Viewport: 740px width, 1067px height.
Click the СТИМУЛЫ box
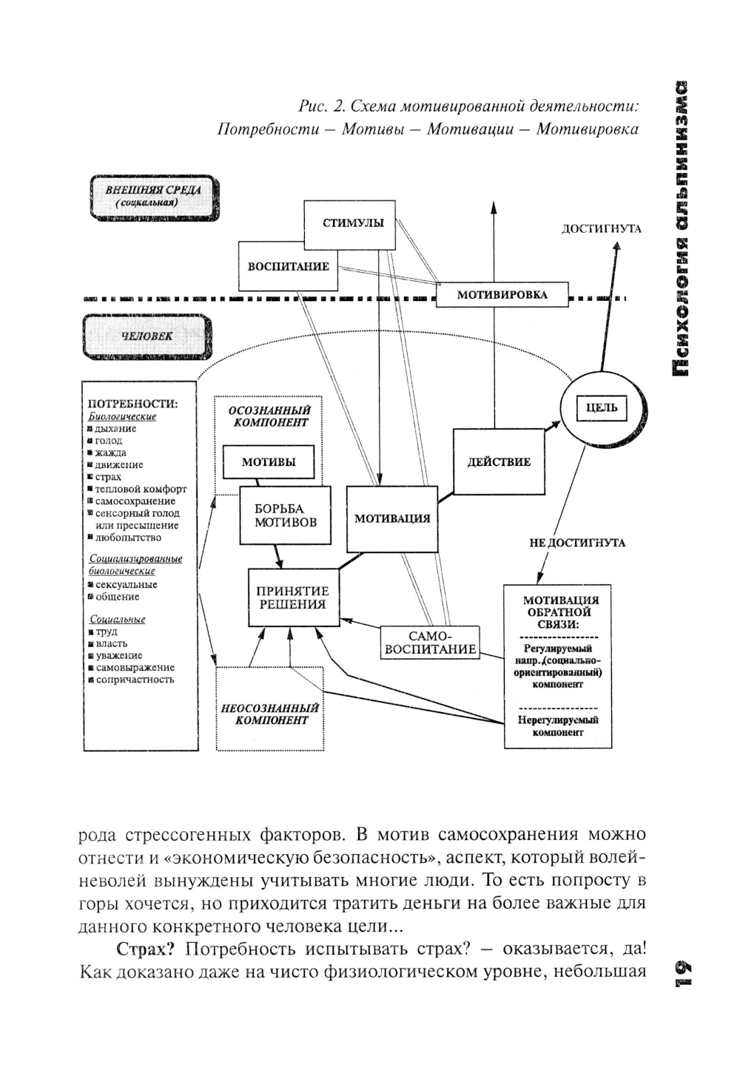(x=353, y=223)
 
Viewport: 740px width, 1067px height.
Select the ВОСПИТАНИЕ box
(x=288, y=266)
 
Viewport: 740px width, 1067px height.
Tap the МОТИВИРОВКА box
(x=502, y=294)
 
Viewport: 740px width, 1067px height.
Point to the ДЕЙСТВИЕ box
(x=499, y=462)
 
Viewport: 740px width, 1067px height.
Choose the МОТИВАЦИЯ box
(x=391, y=518)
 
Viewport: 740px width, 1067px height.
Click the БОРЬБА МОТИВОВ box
(x=285, y=516)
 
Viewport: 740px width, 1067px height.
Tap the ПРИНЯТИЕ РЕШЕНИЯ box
(x=292, y=597)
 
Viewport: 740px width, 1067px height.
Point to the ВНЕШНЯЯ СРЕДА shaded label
(x=152, y=196)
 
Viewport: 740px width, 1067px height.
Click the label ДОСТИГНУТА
(x=602, y=228)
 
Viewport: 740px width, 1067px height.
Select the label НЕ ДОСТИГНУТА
(x=577, y=543)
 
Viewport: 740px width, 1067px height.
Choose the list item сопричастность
(x=135, y=680)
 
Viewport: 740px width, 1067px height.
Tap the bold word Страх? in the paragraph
(x=144, y=949)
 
